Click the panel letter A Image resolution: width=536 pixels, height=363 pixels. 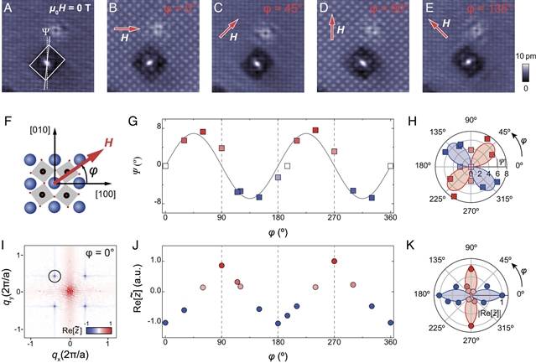point(8,9)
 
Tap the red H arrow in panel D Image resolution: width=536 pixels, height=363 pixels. point(331,29)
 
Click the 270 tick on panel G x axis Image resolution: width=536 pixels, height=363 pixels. point(334,219)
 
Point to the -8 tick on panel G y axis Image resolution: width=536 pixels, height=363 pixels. point(156,202)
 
